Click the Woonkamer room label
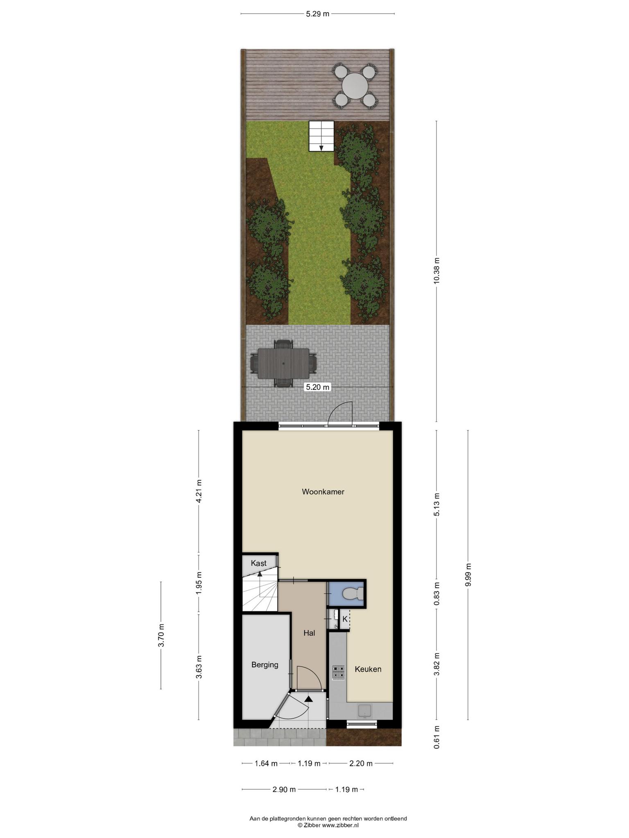pyautogui.click(x=323, y=491)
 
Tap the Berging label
pyautogui.click(x=265, y=665)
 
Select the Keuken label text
pyautogui.click(x=368, y=669)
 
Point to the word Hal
pyautogui.click(x=309, y=633)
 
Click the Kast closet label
pyautogui.click(x=259, y=563)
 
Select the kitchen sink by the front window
pyautogui.click(x=365, y=711)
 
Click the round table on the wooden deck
pyautogui.click(x=355, y=86)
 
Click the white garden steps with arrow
pyautogui.click(x=321, y=136)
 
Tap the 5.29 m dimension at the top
pyautogui.click(x=317, y=14)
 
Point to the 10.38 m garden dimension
pyautogui.click(x=437, y=270)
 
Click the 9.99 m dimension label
pyautogui.click(x=468, y=574)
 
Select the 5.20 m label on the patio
pyautogui.click(x=317, y=387)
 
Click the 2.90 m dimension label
pyautogui.click(x=284, y=789)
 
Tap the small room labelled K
pyautogui.click(x=345, y=619)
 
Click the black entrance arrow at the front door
pyautogui.click(x=308, y=699)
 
